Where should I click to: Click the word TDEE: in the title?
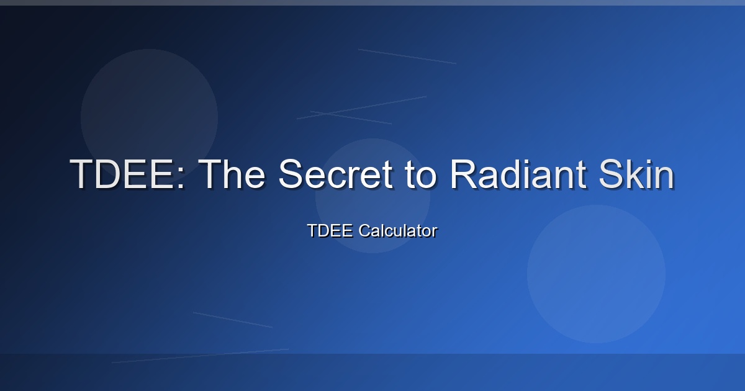[x=127, y=174]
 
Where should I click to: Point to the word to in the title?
[x=420, y=176]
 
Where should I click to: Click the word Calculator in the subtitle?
[x=398, y=231]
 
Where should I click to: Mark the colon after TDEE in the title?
[x=181, y=178]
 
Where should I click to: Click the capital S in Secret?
[x=292, y=174]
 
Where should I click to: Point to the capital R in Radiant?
[x=463, y=174]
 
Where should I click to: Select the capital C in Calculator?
[x=365, y=231]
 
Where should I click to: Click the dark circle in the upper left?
[x=150, y=117]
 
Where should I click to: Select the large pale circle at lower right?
[x=596, y=274]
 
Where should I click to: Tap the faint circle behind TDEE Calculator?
[x=372, y=196]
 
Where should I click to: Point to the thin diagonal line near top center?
[x=407, y=56]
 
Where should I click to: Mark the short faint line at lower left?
[x=232, y=320]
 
